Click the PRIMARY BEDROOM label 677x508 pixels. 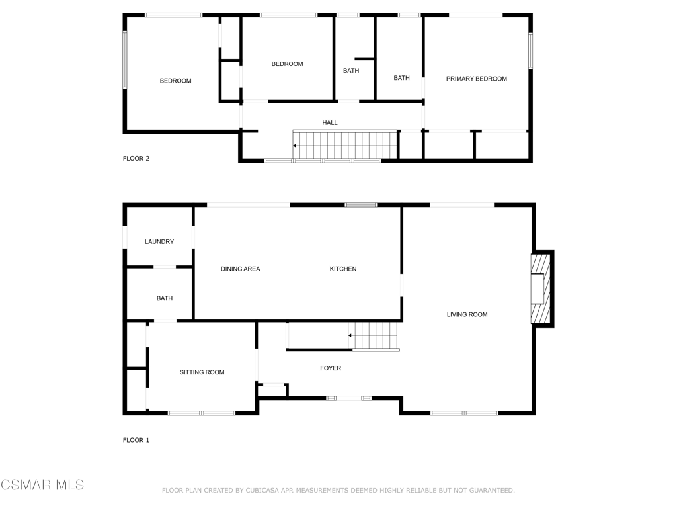pyautogui.click(x=476, y=79)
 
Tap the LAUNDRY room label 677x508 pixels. pyautogui.click(x=159, y=241)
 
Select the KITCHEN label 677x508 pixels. pyautogui.click(x=343, y=269)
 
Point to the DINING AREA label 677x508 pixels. pyautogui.click(x=240, y=269)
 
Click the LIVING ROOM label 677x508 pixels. pyautogui.click(x=467, y=314)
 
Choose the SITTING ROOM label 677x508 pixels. pyautogui.click(x=202, y=372)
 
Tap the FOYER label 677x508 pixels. pyautogui.click(x=331, y=368)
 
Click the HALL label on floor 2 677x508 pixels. pyautogui.click(x=329, y=122)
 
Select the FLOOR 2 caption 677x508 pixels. pyautogui.click(x=136, y=159)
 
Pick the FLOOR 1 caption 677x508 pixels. pyautogui.click(x=136, y=440)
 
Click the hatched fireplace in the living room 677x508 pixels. pyautogui.click(x=541, y=288)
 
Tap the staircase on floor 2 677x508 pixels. pyautogui.click(x=344, y=145)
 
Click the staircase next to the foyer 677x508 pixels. pyautogui.click(x=374, y=335)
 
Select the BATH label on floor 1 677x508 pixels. pyautogui.click(x=164, y=298)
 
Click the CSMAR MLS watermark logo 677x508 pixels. pyautogui.click(x=42, y=485)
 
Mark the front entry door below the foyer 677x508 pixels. pyautogui.click(x=348, y=398)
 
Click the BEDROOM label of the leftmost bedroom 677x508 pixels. pyautogui.click(x=175, y=81)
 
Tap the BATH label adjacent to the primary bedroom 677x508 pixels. pyautogui.click(x=401, y=78)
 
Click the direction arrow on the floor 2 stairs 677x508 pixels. pyautogui.click(x=295, y=146)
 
